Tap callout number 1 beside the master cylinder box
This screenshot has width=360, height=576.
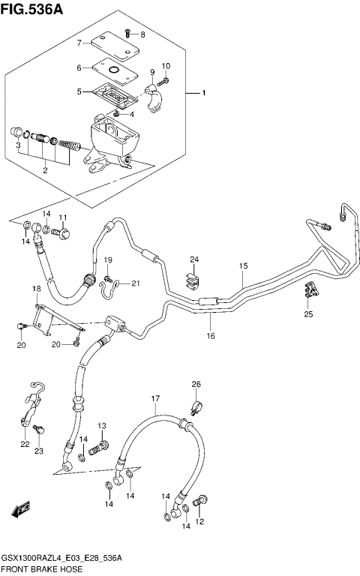202,94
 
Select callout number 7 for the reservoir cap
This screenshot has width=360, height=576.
79,43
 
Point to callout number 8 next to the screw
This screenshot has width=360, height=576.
142,34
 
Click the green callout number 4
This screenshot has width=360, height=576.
132,114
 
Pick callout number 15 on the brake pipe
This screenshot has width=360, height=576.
243,266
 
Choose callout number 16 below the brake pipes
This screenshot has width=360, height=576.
211,336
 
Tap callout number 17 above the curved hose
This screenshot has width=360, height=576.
155,398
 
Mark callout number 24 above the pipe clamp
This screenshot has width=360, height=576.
193,259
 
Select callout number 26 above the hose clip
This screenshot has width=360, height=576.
196,385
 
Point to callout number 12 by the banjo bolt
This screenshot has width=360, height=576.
199,521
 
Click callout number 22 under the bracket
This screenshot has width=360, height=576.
25,445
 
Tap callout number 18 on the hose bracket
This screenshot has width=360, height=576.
35,289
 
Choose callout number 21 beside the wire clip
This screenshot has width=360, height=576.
136,283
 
